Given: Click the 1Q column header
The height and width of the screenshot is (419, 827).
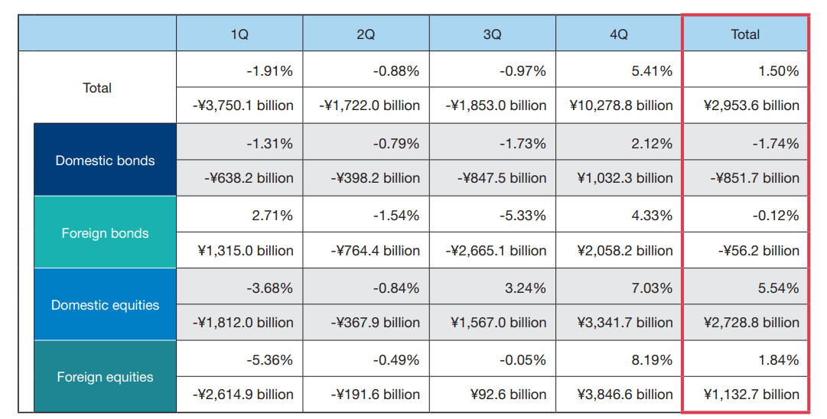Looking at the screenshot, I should click(x=239, y=34).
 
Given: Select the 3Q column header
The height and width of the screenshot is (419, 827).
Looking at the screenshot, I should click(x=493, y=34).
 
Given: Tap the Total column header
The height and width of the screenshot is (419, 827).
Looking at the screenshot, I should click(x=745, y=34).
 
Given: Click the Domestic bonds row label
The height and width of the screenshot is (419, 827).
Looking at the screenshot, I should click(x=106, y=161).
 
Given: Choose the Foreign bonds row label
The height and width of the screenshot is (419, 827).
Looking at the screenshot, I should click(x=106, y=233).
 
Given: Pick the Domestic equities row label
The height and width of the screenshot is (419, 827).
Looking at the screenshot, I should click(x=106, y=305).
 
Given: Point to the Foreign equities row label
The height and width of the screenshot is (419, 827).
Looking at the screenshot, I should click(x=106, y=377).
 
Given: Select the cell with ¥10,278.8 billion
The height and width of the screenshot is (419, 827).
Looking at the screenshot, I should click(x=620, y=106).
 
